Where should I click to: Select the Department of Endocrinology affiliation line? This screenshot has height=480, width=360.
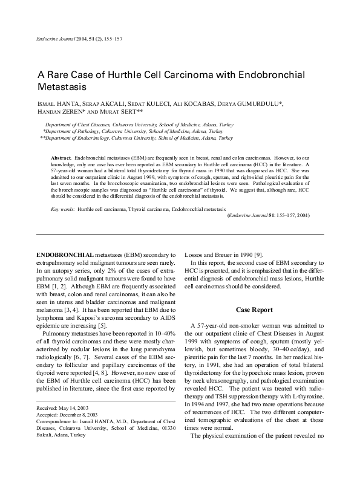(x=136, y=138)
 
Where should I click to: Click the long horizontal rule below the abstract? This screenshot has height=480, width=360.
(x=180, y=233)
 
